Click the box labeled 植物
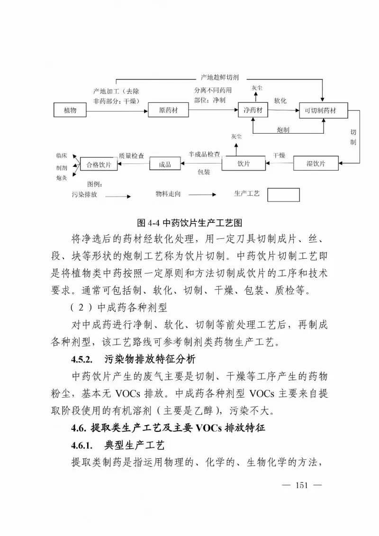[70, 110]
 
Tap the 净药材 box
[253, 110]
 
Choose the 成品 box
[165, 164]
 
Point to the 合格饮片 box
[99, 164]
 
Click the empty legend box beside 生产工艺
[283, 195]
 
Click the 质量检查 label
[131, 155]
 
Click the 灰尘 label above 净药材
[257, 88]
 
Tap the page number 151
[302, 485]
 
